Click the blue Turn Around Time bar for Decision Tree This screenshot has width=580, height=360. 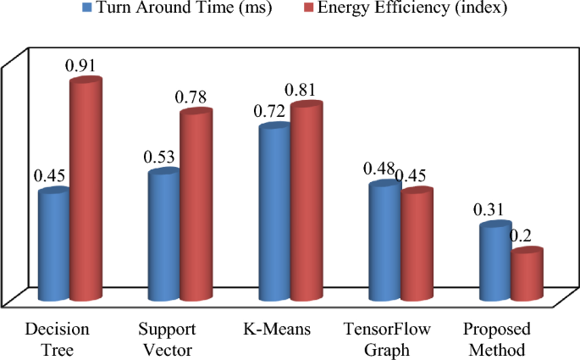[53, 246]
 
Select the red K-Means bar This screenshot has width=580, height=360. [306, 202]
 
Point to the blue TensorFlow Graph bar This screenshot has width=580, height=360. [384, 241]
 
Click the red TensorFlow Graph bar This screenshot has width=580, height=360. [416, 245]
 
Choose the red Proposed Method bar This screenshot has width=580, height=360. [526, 275]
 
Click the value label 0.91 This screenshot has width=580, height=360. [86, 63]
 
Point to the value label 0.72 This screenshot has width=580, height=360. [273, 111]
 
